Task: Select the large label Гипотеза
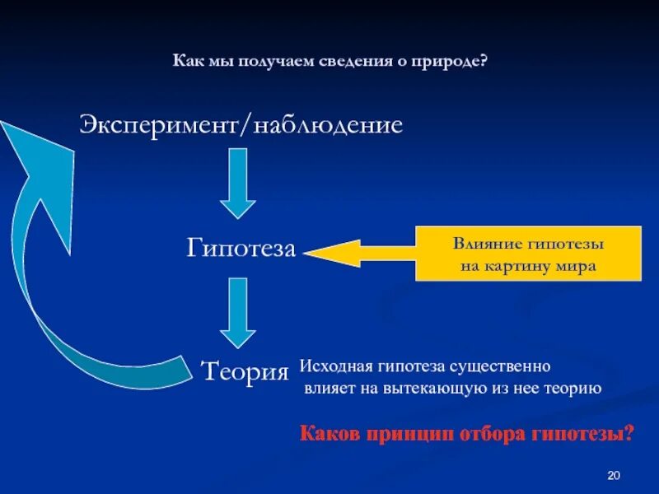pyautogui.click(x=241, y=248)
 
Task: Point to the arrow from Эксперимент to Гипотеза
pyautogui.click(x=238, y=182)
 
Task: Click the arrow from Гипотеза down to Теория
pyautogui.click(x=238, y=311)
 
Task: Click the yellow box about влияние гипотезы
pyautogui.click(x=528, y=254)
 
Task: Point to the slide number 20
pyautogui.click(x=613, y=475)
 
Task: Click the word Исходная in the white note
pyautogui.click(x=332, y=365)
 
